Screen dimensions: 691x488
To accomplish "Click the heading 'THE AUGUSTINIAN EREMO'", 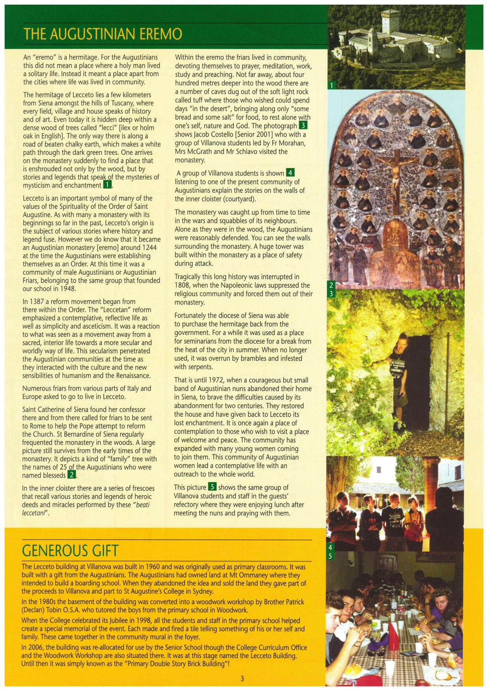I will pyautogui.click(x=103, y=34).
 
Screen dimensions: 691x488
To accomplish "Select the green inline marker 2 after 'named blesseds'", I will pyautogui.click(x=72, y=475).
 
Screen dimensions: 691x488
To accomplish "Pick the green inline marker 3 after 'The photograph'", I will pyautogui.click(x=303, y=126).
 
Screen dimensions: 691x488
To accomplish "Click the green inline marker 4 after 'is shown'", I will pyautogui.click(x=290, y=173).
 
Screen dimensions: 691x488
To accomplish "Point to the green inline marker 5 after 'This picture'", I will pyautogui.click(x=212, y=487).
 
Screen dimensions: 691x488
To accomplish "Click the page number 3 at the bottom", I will pyautogui.click(x=242, y=678).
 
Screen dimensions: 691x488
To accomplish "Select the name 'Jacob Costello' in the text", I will pyautogui.click(x=212, y=134).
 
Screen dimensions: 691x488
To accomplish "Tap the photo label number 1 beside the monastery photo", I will pyautogui.click(x=332, y=85).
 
